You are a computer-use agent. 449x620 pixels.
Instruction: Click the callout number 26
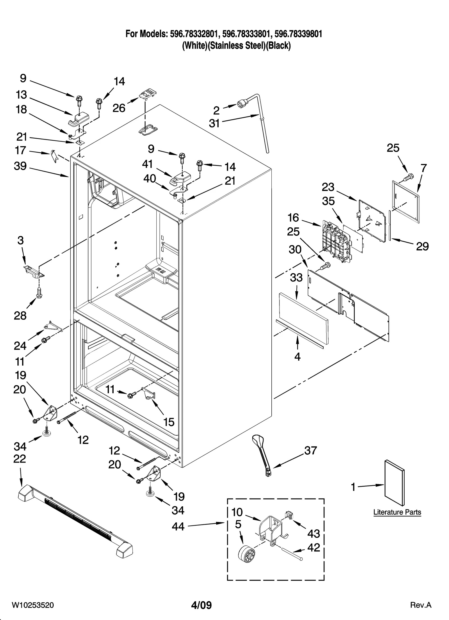click(x=119, y=108)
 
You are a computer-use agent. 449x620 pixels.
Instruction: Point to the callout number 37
click(x=310, y=450)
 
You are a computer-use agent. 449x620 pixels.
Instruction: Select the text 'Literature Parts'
click(x=397, y=512)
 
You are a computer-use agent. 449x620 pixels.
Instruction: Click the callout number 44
click(x=178, y=527)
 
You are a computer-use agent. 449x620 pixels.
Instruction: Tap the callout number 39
click(x=20, y=166)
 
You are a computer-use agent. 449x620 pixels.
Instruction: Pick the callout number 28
click(x=20, y=316)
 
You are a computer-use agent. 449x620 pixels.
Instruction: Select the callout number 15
click(x=169, y=422)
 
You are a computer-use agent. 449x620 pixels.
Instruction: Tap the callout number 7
click(x=424, y=168)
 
